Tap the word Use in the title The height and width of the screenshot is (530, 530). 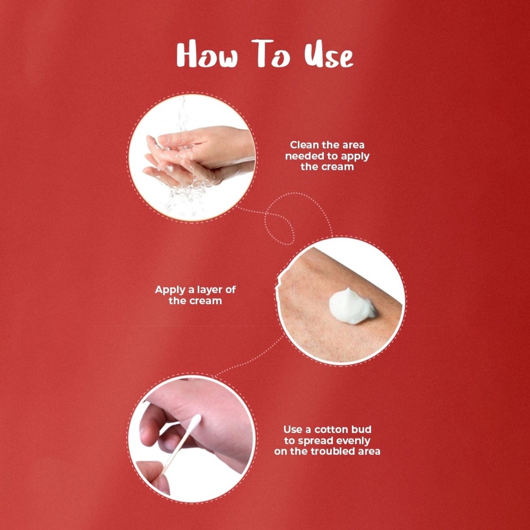point(328,55)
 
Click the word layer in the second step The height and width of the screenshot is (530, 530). point(210,290)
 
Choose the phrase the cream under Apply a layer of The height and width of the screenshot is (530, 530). point(195,301)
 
